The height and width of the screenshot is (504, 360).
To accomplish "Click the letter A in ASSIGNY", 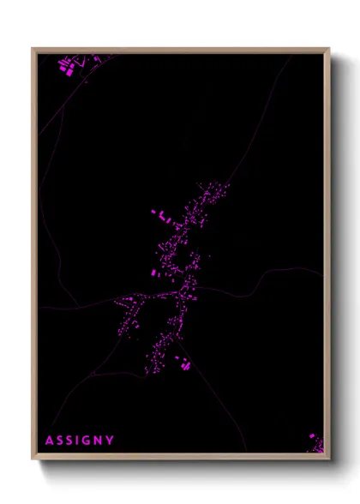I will pyautogui.click(x=50, y=441).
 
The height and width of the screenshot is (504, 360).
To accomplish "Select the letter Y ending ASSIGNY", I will pyautogui.click(x=110, y=441).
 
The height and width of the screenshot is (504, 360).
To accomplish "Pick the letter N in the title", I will pyautogui.click(x=98, y=441).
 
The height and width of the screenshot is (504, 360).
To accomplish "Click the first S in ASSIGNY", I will pyautogui.click(x=59, y=441).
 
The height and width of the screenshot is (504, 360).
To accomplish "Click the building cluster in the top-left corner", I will pyautogui.click(x=68, y=65).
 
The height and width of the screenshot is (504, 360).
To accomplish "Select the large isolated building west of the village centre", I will pyautogui.click(x=154, y=273).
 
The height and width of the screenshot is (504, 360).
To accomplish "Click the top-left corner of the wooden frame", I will pyautogui.click(x=33, y=50).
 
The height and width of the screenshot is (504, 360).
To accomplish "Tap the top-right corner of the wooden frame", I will pyautogui.click(x=328, y=50).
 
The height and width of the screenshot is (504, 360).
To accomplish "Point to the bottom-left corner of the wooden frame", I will pyautogui.click(x=33, y=459).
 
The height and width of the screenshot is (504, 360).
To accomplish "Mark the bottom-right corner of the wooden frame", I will pyautogui.click(x=328, y=459).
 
